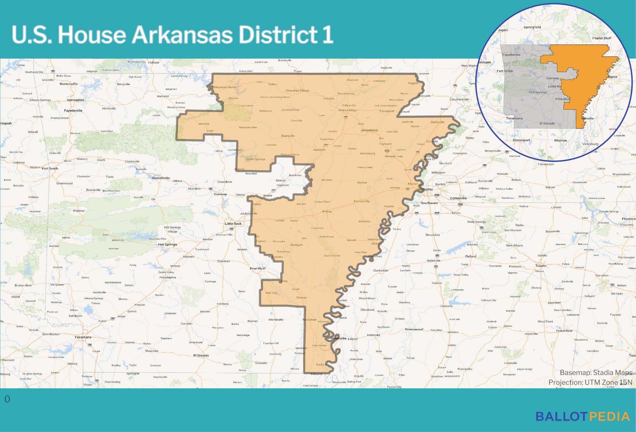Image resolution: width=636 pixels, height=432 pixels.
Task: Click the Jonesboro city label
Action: [369, 130]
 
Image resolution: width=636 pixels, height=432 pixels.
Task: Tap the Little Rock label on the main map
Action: [233, 224]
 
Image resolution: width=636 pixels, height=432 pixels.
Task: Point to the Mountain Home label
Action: [225, 87]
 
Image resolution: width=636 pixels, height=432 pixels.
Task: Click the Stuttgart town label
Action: [296, 245]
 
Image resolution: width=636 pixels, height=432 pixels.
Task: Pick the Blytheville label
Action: [438, 122]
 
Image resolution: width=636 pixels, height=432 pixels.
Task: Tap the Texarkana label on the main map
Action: [83, 337]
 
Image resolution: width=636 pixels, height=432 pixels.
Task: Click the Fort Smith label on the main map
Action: [50, 168]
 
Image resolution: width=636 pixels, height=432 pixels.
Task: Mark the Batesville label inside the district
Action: [288, 136]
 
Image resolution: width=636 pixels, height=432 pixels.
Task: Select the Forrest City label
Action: [362, 201]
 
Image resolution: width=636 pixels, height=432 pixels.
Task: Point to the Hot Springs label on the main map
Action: [167, 245]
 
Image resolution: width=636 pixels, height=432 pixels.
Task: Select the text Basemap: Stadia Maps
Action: [596, 373]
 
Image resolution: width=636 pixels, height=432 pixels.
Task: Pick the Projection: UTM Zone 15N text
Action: [590, 382]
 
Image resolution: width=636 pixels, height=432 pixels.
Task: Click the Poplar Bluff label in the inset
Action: [602, 38]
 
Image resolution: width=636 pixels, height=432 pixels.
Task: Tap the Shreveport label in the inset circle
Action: [521, 140]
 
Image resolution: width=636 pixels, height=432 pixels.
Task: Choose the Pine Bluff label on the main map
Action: [257, 268]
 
